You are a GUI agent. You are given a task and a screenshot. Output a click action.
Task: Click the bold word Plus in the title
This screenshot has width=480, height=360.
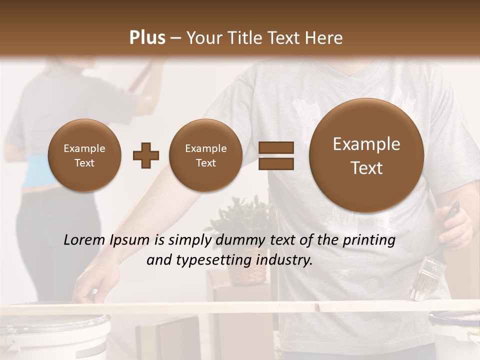tap(147, 38)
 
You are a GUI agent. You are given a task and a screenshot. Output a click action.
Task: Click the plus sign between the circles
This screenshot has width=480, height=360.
tap(146, 155)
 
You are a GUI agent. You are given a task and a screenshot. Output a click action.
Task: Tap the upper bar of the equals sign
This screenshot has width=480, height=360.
tap(275, 147)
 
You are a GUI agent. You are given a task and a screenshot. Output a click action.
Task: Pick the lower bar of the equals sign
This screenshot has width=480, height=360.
tap(275, 163)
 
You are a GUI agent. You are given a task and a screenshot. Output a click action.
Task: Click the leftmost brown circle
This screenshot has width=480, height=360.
tap(84, 155)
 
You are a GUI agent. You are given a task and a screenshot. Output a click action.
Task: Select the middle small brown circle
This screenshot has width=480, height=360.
tap(205, 155)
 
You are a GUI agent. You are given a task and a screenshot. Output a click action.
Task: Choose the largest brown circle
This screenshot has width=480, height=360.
tap(366, 155)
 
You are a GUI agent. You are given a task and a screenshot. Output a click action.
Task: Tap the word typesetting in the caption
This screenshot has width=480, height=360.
tap(222, 260)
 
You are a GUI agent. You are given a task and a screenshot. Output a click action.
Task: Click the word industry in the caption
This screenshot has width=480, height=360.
tap(284, 260)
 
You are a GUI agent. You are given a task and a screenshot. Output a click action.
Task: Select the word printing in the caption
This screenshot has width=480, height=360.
tap(369, 240)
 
